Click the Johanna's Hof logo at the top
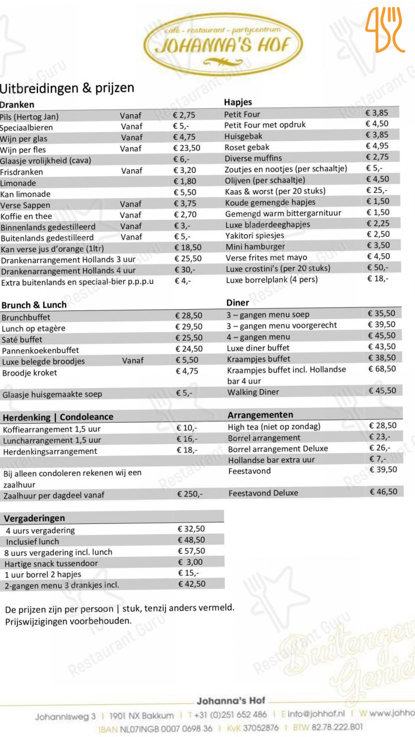pos(224,43)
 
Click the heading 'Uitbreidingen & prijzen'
pos(67,88)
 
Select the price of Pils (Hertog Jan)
pos(184,116)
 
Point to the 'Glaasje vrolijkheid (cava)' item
pos(46,160)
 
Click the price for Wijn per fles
pos(187,149)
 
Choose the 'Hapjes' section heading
pos(237,102)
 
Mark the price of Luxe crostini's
pos(378,268)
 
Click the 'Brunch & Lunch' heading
pos(34,305)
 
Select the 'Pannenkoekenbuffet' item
pos(40,350)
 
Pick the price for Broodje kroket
pos(187,371)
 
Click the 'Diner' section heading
pos(237,303)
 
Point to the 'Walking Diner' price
pos(382,391)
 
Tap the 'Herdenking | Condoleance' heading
pos(58,417)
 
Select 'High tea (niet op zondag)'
pos(274,427)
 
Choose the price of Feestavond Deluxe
pos(383,492)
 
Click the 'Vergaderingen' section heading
pos(35,518)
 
